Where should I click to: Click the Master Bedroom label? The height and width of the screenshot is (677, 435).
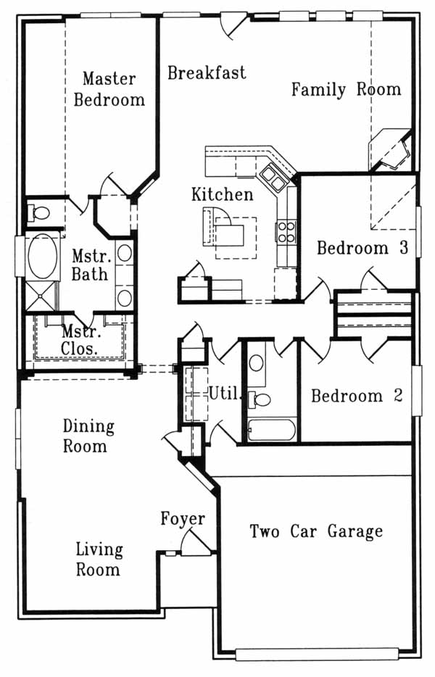click(109, 89)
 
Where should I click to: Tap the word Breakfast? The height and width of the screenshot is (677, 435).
click(207, 72)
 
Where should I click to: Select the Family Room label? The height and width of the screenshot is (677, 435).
click(347, 89)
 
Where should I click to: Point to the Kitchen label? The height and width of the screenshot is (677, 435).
click(223, 194)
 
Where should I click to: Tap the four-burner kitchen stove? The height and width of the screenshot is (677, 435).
click(286, 232)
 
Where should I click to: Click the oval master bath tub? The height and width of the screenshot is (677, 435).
click(42, 256)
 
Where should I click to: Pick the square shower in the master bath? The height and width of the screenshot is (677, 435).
click(41, 296)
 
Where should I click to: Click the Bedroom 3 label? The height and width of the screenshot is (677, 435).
click(362, 248)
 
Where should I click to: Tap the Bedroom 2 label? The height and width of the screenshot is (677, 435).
click(357, 396)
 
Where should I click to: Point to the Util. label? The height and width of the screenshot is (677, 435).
click(225, 394)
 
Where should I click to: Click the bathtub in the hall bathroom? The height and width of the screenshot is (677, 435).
click(272, 430)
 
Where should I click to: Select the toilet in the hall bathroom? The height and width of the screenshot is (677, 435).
click(260, 400)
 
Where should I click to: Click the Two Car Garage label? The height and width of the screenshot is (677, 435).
click(316, 531)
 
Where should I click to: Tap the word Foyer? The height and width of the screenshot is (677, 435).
click(183, 518)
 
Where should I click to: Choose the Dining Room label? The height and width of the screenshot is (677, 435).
click(88, 436)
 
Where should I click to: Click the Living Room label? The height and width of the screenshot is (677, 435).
click(99, 560)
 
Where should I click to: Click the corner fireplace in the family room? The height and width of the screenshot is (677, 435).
click(390, 150)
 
